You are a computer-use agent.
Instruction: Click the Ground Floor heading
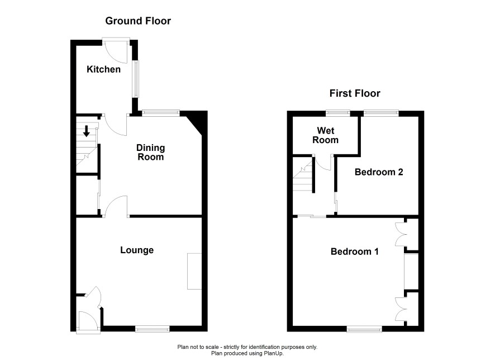tap(138, 21)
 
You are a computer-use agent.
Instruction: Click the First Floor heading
tap(355, 93)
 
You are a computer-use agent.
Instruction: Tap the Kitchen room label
tap(103, 69)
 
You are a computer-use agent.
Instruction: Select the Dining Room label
tap(151, 152)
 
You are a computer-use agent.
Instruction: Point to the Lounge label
tap(137, 250)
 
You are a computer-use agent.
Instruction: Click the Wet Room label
tap(326, 135)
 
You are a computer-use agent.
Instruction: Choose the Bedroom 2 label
tap(379, 172)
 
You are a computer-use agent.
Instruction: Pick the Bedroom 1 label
tap(355, 252)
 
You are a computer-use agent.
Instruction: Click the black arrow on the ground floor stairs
tap(86, 131)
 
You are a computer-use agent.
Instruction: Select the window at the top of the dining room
tap(161, 112)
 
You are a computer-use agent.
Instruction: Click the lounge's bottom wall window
tap(153, 329)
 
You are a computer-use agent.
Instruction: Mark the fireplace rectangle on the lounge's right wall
tap(194, 271)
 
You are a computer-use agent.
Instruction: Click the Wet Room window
tap(338, 112)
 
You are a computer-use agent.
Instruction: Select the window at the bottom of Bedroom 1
tap(364, 329)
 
